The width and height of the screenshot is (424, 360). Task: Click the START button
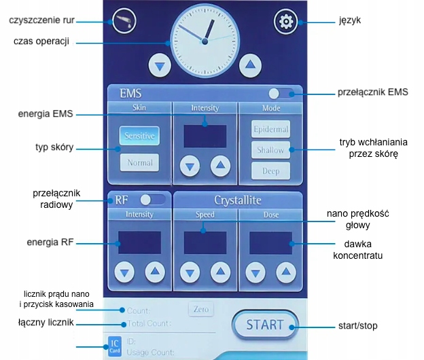click(264, 324)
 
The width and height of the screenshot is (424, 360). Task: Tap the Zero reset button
click(200, 309)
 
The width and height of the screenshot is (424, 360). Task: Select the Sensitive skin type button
click(140, 136)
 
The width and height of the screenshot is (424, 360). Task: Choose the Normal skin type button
click(140, 163)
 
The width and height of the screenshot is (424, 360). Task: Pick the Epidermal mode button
click(270, 129)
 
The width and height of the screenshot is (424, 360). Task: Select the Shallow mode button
click(270, 150)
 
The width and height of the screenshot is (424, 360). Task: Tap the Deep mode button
click(270, 171)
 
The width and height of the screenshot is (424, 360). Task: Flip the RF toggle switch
click(152, 200)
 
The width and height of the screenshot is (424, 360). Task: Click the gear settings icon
click(286, 22)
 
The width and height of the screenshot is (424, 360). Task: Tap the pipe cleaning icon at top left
click(124, 20)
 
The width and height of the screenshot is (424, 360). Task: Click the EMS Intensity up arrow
click(220, 165)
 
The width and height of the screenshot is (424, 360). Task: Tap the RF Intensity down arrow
click(124, 273)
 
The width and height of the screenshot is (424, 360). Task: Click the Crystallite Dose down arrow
click(255, 273)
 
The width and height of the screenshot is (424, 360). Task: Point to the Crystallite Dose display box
click(270, 242)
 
